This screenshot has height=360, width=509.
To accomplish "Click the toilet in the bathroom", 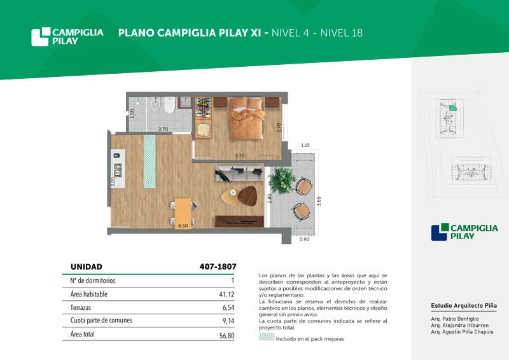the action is click(169, 104).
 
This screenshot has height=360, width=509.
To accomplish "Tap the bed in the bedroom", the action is click(246, 118).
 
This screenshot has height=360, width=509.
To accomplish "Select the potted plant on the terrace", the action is click(282, 181).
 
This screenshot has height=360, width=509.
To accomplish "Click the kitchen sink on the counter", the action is click(118, 170).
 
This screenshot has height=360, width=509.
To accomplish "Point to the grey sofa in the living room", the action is click(239, 173).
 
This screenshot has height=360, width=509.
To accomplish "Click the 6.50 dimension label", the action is click(183, 226).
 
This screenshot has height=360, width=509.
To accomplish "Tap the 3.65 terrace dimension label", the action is click(319, 201).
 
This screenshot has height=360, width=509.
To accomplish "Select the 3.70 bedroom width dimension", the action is click(240, 155).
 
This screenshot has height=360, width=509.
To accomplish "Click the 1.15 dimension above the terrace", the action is click(305, 145).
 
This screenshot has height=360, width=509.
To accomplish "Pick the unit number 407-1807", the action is click(218, 267).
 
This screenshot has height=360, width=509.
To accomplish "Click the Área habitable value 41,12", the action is click(227, 294).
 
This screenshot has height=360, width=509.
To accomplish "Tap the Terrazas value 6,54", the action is click(228, 307).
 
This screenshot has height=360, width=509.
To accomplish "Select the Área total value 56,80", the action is click(227, 336).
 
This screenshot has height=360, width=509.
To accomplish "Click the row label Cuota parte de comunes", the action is click(101, 321).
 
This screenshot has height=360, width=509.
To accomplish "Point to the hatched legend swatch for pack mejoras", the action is click(267, 337).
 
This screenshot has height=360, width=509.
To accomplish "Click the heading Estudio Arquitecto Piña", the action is click(464, 305).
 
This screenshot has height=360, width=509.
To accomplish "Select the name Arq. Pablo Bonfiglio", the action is click(455, 319).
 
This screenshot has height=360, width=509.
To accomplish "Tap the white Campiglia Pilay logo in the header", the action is click(67, 36).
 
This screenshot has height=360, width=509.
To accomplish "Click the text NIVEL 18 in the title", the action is click(342, 33).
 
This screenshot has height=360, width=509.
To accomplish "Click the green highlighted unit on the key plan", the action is click(453, 108).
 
